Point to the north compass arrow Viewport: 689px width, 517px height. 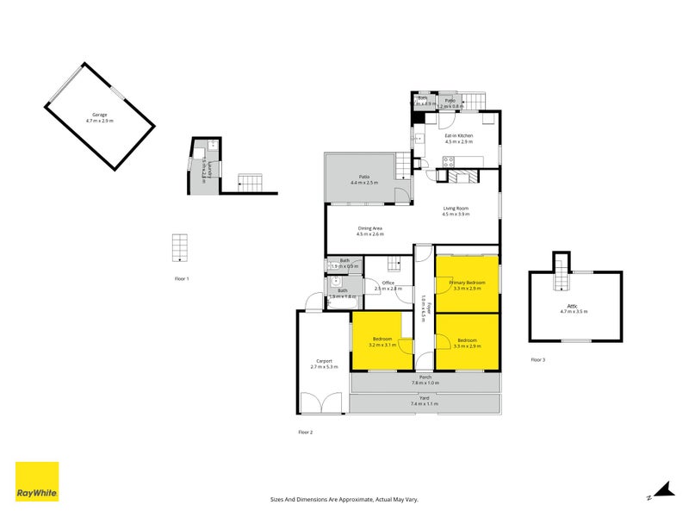pyautogui.click(x=661, y=491)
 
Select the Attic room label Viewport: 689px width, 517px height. pyautogui.click(x=573, y=308)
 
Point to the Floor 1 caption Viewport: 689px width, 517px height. pyautogui.click(x=181, y=278)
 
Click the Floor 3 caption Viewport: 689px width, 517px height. pyautogui.click(x=538, y=358)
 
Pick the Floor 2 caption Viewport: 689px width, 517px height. pyautogui.click(x=305, y=431)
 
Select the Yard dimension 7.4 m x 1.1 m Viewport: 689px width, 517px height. pyautogui.click(x=424, y=403)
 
